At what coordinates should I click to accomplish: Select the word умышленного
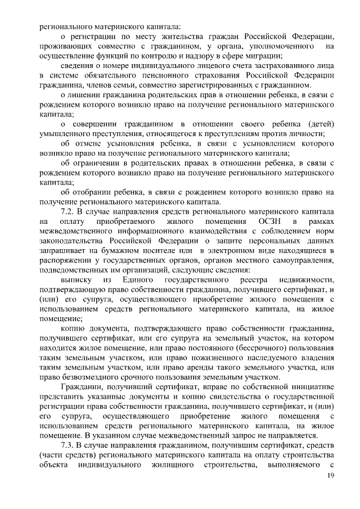click(66, 133)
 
